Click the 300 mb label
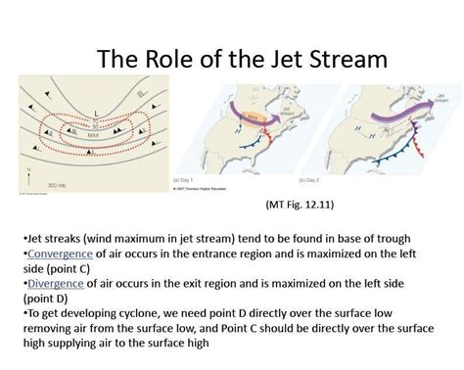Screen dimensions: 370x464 click(55, 183)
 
